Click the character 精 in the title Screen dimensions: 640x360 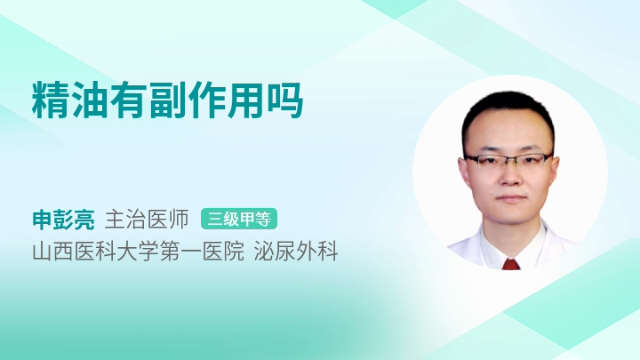pyautogui.click(x=51, y=100)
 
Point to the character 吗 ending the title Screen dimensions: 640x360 pyautogui.click(x=285, y=100)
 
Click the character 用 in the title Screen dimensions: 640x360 pyautogui.click(x=245, y=100)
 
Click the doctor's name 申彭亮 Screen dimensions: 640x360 pyautogui.click(x=63, y=220)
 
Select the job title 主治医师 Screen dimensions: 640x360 pyautogui.click(x=147, y=220)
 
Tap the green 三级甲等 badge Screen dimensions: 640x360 pyautogui.click(x=239, y=220)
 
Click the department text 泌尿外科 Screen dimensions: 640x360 pyautogui.click(x=296, y=251)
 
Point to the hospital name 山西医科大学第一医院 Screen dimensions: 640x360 pyautogui.click(x=138, y=251)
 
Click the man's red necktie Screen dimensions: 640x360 pyautogui.click(x=510, y=264)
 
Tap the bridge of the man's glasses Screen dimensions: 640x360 pyautogui.click(x=509, y=158)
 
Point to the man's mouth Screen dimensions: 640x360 pyautogui.click(x=510, y=198)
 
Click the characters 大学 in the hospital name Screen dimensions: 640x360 pyautogui.click(x=138, y=251)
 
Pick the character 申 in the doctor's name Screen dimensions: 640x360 pyautogui.click(x=43, y=220)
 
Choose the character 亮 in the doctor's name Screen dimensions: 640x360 pyautogui.click(x=84, y=220)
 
